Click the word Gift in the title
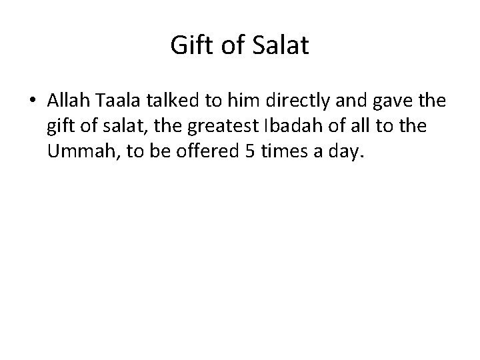click(x=187, y=46)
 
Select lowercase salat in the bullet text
click(x=118, y=127)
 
